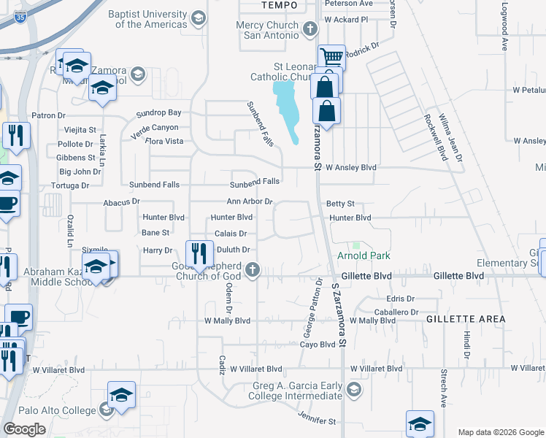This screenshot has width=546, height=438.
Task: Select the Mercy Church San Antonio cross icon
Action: pos(310,30)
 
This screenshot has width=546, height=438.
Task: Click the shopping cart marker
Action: pos(331,57)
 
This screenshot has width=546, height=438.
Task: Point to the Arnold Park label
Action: pos(364,255)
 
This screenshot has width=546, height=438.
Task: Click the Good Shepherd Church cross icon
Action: pos(253,270)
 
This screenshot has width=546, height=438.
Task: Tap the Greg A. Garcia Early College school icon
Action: pos(354,388)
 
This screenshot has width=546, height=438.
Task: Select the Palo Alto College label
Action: pos(48,410)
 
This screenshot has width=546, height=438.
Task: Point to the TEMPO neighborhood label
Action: pos(280,5)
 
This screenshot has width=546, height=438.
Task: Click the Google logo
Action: pos(25,429)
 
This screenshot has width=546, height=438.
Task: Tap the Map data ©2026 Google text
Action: pos(500,432)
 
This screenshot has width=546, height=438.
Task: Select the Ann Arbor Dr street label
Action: pos(250,201)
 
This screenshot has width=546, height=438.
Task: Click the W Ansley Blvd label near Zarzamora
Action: pos(350,167)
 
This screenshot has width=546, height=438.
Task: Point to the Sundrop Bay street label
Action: pos(160,113)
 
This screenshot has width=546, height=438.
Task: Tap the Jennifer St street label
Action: pos(316,420)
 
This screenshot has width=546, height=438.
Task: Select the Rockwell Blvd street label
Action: pos(435,135)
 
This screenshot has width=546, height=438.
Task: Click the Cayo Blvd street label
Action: pos(317,344)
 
